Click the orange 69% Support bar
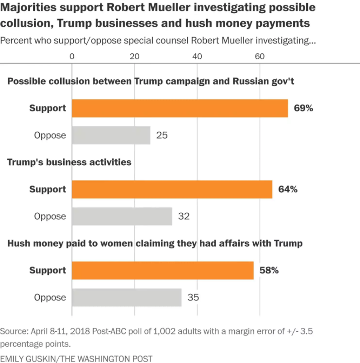(x=180, y=108)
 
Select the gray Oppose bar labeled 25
(x=111, y=135)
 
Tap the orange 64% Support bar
(x=172, y=189)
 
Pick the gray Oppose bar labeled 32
(x=122, y=216)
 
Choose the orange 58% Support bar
(x=163, y=270)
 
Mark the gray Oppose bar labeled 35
(x=127, y=297)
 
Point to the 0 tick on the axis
(x=72, y=57)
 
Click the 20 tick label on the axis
(x=134, y=57)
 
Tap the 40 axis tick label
(x=197, y=57)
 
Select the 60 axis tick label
(x=259, y=57)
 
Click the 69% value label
(x=303, y=108)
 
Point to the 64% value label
(x=288, y=189)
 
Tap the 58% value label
(x=269, y=270)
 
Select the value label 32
(x=184, y=216)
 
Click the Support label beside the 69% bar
(x=47, y=108)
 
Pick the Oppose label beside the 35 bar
(x=50, y=297)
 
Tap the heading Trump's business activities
(x=69, y=162)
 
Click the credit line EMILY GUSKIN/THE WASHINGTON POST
(x=76, y=358)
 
